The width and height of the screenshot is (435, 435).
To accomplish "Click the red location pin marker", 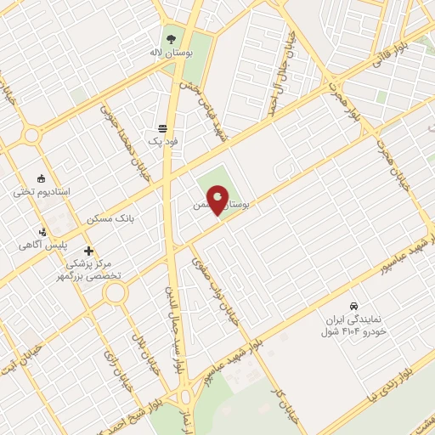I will point(218,200).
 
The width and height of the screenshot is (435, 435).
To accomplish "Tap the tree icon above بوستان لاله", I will point(171,38).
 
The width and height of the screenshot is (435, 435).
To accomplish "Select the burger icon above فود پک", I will point(161,128).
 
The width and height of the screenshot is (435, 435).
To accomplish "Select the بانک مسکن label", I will point(110,218).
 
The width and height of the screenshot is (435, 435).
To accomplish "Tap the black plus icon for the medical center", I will point(88,251).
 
